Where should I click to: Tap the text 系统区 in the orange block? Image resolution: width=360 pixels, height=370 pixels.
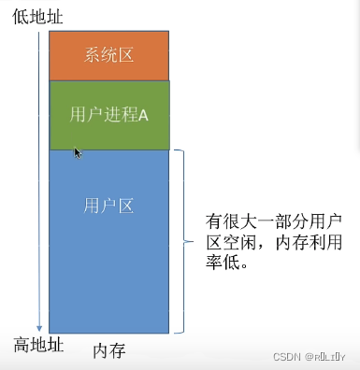(x=108, y=54)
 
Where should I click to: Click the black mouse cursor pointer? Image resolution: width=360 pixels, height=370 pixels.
(x=79, y=152)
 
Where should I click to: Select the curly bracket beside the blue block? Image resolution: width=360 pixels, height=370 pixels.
(x=184, y=240)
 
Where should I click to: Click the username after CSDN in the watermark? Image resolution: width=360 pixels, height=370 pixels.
(x=330, y=356)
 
